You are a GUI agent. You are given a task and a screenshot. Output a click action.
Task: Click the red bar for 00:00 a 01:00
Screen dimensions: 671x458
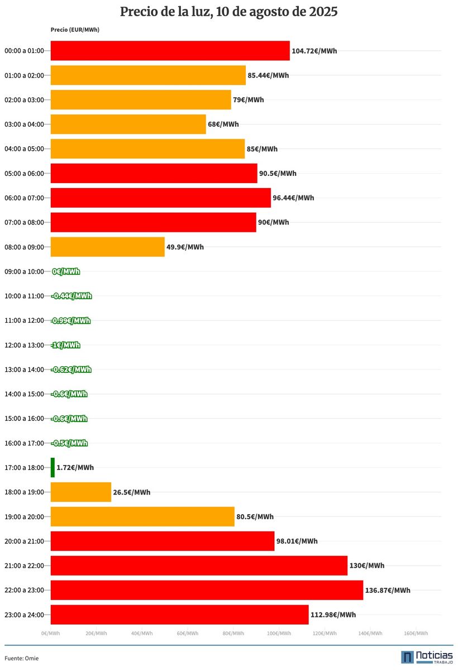click(170, 51)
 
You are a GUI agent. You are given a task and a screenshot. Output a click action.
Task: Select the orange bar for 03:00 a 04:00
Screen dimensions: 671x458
click(128, 124)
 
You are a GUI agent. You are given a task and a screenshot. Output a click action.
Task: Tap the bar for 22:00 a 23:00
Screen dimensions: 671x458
click(207, 590)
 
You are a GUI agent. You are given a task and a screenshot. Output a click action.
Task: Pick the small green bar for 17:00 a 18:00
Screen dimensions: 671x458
click(53, 468)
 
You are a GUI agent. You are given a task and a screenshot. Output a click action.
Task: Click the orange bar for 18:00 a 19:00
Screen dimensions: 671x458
click(81, 492)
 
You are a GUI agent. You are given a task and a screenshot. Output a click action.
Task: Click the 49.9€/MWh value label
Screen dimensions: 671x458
click(185, 247)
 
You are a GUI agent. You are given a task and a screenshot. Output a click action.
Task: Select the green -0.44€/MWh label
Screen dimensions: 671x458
click(71, 296)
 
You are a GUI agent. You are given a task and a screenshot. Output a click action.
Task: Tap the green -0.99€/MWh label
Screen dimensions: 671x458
click(71, 320)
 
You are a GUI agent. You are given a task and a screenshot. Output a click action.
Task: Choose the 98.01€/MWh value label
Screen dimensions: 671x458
click(297, 541)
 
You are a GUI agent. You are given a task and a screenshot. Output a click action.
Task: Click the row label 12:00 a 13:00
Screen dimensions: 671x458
click(24, 345)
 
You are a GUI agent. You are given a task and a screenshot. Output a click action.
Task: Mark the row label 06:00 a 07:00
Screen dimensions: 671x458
click(24, 198)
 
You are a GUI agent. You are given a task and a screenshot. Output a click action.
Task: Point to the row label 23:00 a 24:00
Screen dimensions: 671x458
click(24, 615)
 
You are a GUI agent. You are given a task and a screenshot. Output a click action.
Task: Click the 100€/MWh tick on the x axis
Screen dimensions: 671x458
click(279, 633)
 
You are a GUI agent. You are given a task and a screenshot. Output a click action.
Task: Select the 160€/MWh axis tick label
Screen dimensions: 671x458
click(416, 633)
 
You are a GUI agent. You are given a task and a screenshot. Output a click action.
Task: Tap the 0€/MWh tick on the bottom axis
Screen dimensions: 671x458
click(50, 633)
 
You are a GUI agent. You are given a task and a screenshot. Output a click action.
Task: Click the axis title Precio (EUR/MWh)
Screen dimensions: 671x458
click(75, 30)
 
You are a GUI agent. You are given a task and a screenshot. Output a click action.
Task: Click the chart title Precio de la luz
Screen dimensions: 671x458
click(228, 12)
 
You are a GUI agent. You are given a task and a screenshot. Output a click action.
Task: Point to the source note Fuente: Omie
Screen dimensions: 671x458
click(22, 658)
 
